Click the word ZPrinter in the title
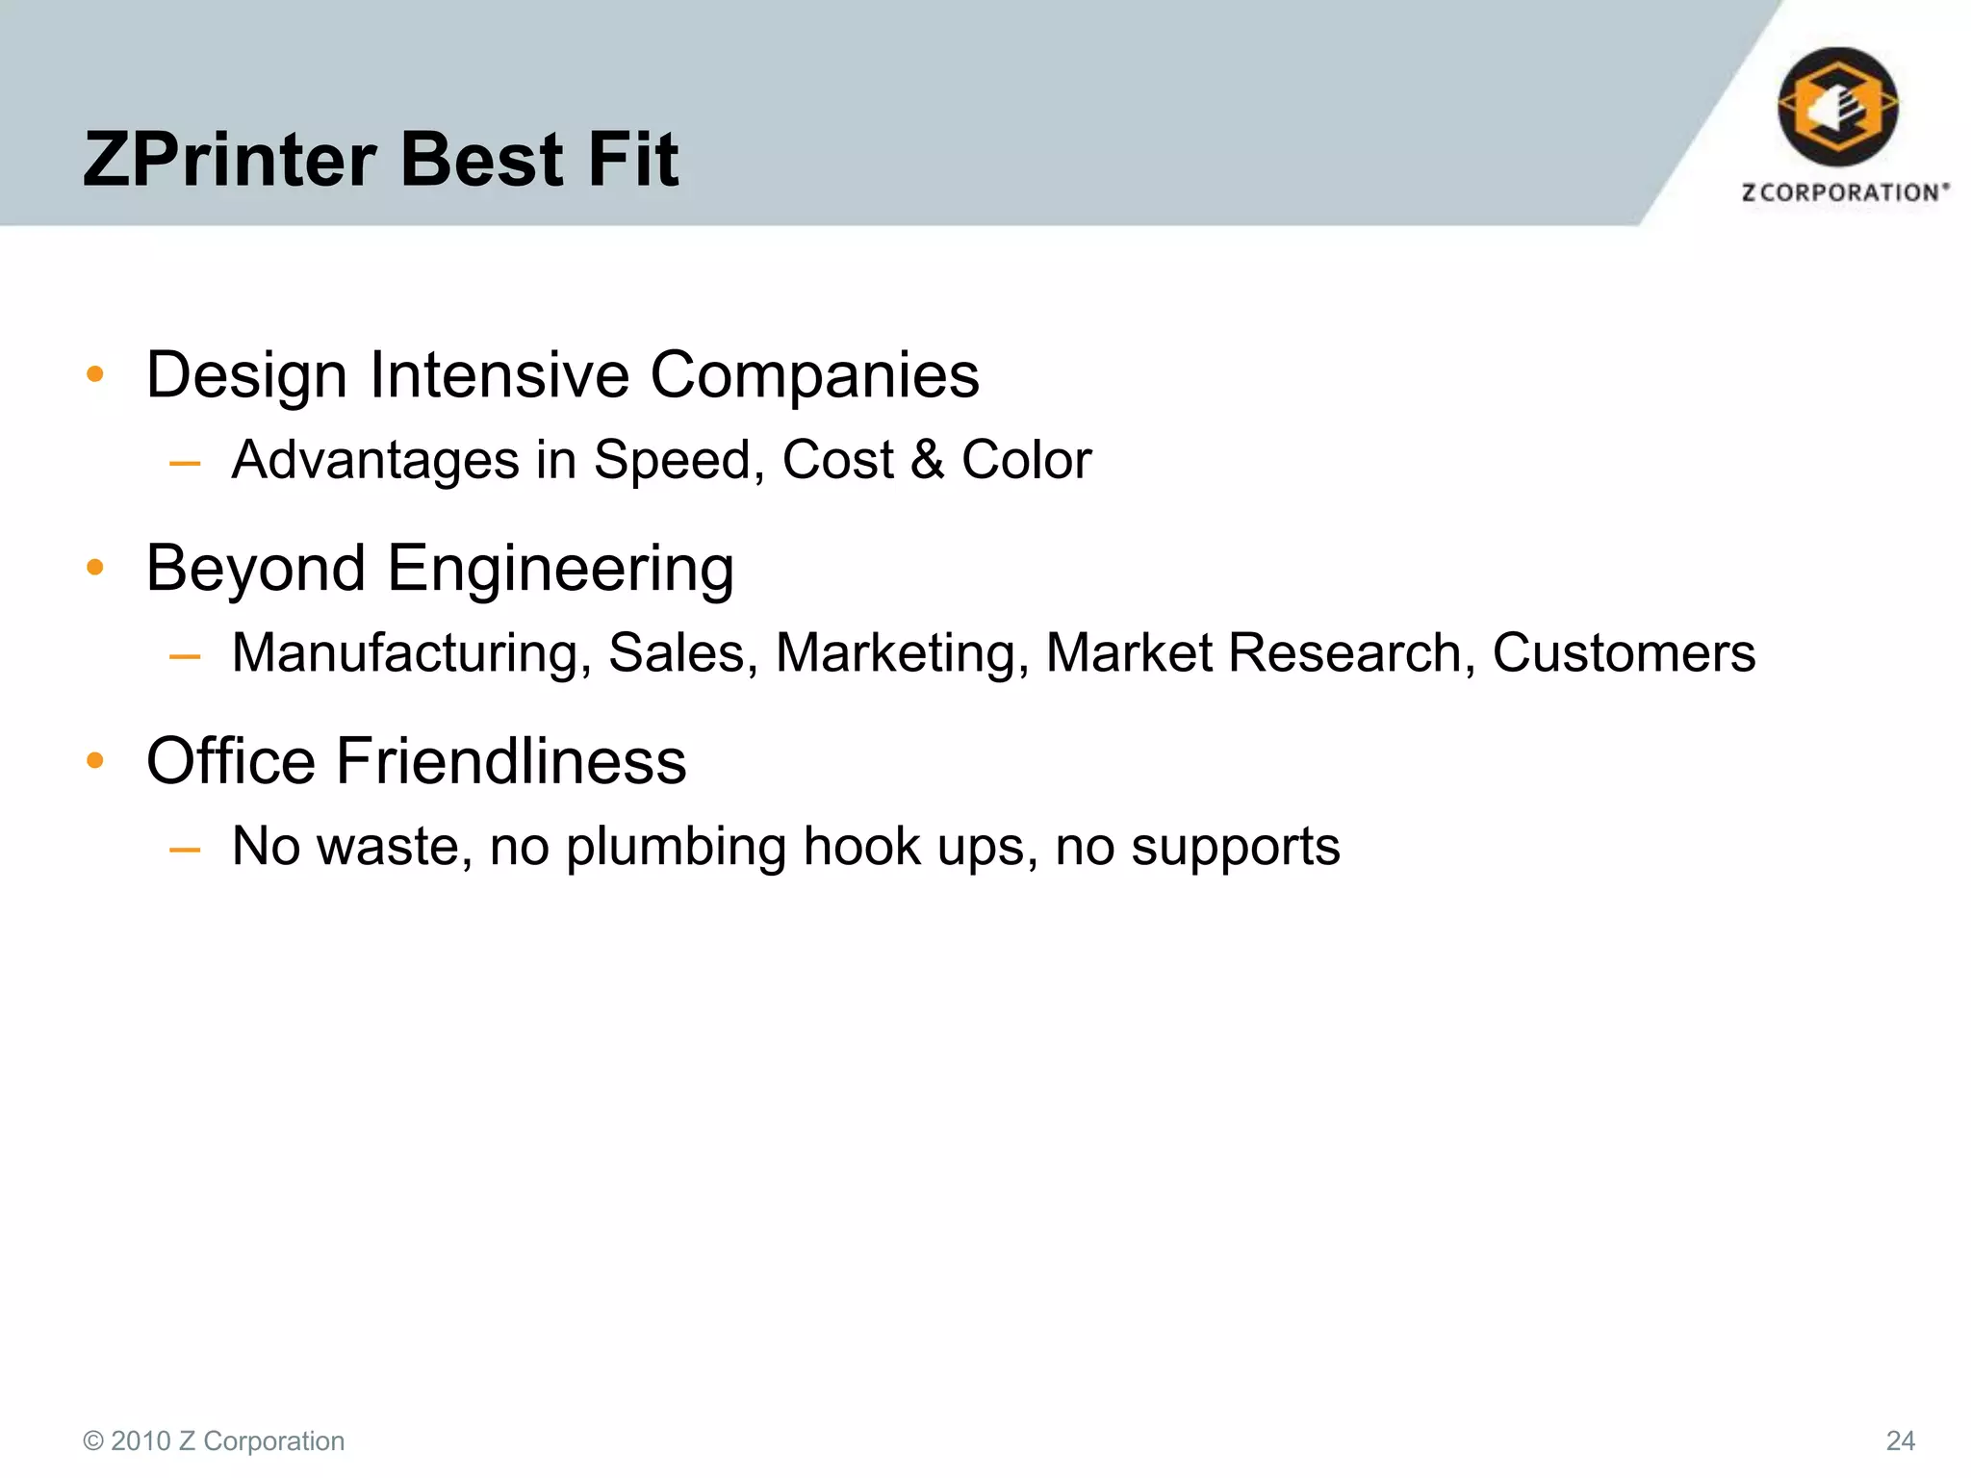(x=229, y=160)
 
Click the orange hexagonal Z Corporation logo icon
(x=1837, y=106)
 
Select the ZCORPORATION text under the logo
(x=1845, y=192)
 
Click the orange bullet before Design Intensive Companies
(x=94, y=374)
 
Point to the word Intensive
(x=499, y=374)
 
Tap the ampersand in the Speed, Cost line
(x=927, y=459)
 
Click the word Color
(x=1026, y=459)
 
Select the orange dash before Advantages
(x=184, y=464)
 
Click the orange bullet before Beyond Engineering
(x=94, y=568)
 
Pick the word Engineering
(x=560, y=570)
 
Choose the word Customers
(x=1624, y=652)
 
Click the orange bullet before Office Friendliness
(x=94, y=761)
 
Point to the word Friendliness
(x=510, y=761)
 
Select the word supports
(x=1235, y=848)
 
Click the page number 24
(x=1900, y=1440)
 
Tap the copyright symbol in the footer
(x=93, y=1440)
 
